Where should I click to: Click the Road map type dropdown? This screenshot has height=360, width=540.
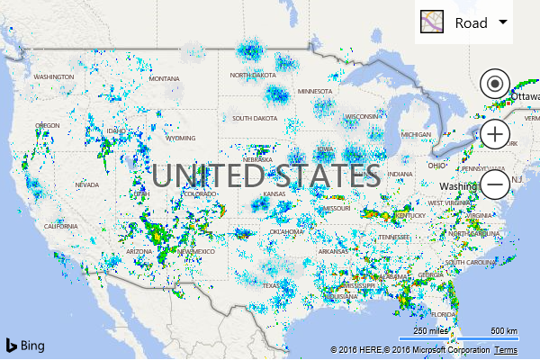pos(463,22)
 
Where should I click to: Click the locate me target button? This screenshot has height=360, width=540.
pos(494,85)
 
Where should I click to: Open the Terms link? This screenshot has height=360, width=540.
pos(506,349)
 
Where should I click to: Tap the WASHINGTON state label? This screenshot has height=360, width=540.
pos(54,77)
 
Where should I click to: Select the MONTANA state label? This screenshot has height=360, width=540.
pos(165,79)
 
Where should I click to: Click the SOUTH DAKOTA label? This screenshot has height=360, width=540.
pos(255,119)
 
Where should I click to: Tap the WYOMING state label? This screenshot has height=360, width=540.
pos(180,139)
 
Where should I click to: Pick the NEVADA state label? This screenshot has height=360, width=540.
pos(86,184)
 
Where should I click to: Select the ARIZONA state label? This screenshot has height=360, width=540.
pos(139,251)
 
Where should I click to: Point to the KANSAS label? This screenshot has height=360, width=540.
pos(274,195)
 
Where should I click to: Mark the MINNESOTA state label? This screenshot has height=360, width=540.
pos(315,92)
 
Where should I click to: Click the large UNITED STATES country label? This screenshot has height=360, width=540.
pos(265,174)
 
